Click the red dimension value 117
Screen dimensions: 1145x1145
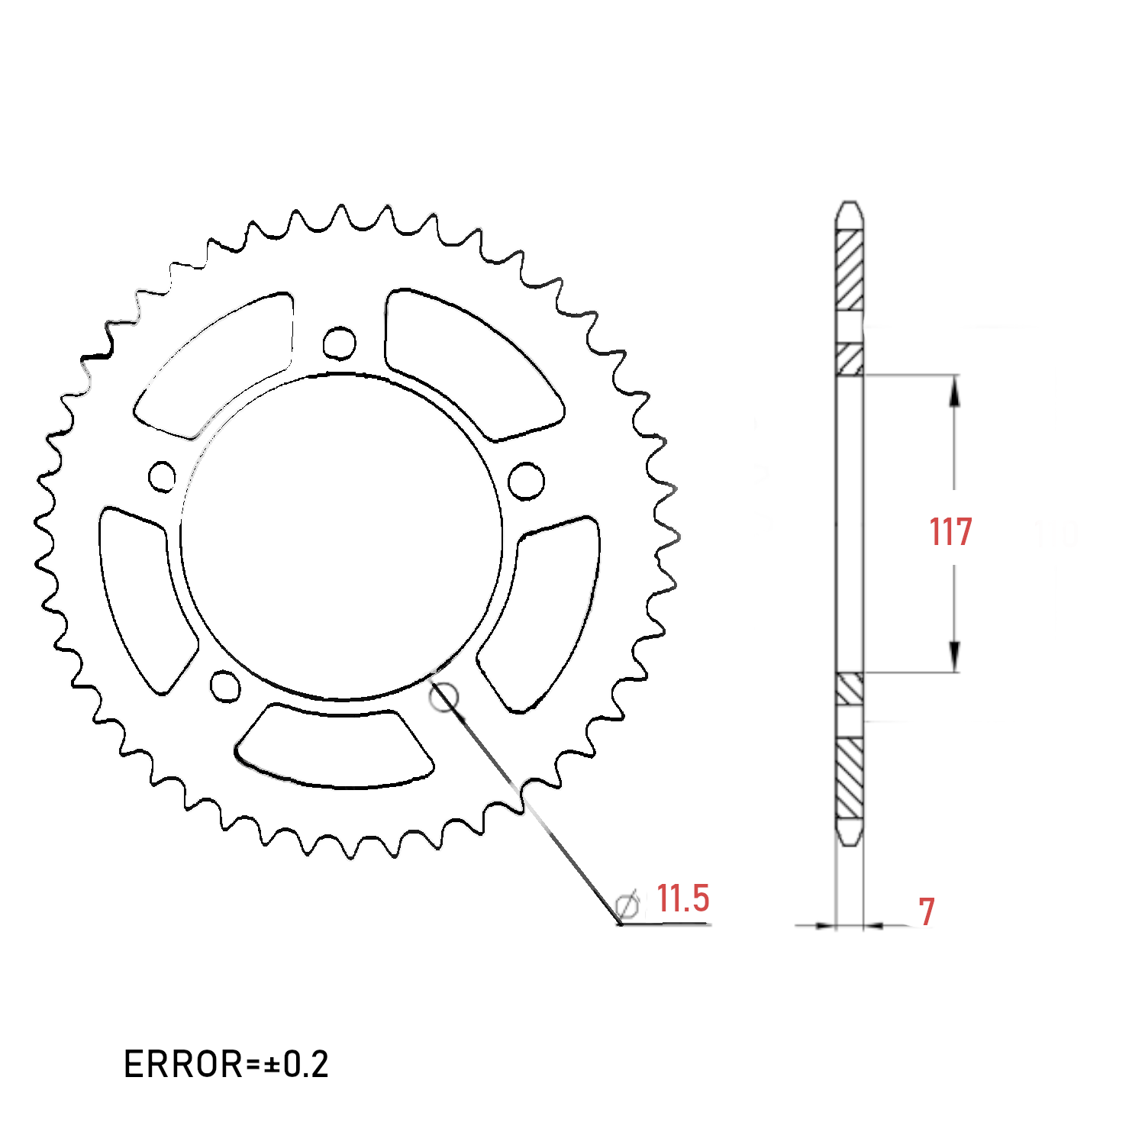click(950, 532)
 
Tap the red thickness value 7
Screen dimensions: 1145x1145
click(926, 911)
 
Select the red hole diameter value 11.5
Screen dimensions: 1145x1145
click(683, 898)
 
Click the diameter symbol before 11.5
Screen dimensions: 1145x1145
click(627, 905)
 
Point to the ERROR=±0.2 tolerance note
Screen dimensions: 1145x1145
click(226, 1064)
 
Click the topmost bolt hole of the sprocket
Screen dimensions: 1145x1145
click(339, 343)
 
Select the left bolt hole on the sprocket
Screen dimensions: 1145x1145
click(162, 477)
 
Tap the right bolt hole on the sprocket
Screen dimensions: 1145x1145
click(526, 481)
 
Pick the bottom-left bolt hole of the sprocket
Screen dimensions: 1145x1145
click(224, 685)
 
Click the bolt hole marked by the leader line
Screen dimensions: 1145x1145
click(443, 696)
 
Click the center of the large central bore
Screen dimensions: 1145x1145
click(341, 536)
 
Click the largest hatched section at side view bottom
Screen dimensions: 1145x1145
click(850, 779)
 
